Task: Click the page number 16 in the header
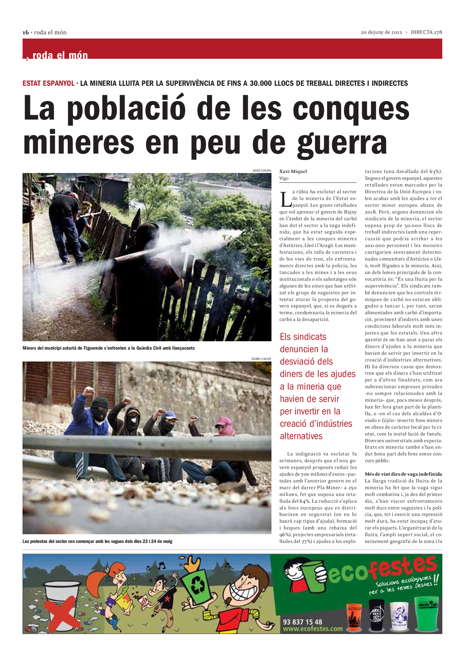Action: coord(26,32)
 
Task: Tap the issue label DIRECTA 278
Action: coord(426,32)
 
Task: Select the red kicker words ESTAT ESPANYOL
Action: coord(48,83)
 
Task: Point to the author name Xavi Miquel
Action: coord(293,171)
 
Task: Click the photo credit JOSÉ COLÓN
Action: coord(262,170)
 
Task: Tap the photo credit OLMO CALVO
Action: coord(261,358)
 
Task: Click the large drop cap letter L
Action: coord(286,199)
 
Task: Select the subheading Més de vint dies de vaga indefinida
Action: coord(403,474)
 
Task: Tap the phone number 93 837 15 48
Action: coord(302,622)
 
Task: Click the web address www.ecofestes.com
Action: coord(313,629)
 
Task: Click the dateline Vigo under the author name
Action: coord(284,178)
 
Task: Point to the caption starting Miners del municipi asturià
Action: coord(109,348)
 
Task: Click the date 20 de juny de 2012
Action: coord(381,32)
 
